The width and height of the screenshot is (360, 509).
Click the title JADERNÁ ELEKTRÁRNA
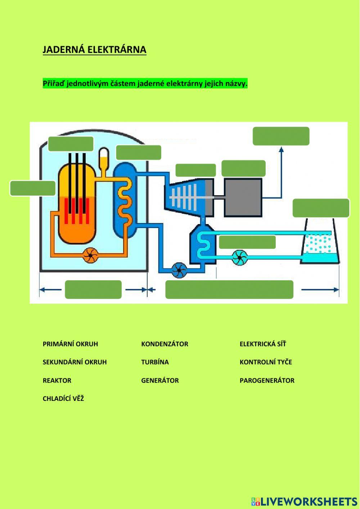[94, 50]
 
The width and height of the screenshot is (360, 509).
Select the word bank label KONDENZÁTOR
[165, 344]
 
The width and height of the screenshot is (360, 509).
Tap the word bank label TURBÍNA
[155, 362]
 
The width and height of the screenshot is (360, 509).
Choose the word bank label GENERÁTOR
[160, 380]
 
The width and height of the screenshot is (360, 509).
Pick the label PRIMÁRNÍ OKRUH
[70, 344]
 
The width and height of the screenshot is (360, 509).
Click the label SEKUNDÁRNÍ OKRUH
[75, 362]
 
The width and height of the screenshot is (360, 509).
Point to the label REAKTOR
[57, 380]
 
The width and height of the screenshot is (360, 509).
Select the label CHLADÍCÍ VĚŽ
[63, 399]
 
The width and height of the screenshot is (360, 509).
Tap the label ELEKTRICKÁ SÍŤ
[263, 344]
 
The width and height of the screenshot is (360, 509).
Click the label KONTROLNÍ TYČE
[266, 362]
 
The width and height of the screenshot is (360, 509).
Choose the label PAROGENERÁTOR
[267, 380]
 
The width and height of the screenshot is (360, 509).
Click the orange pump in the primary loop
[90, 255]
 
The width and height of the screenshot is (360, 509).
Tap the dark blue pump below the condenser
[179, 270]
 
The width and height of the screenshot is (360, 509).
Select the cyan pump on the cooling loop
[239, 257]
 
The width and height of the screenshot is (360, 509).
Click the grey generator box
[243, 197]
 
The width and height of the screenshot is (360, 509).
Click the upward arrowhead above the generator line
[281, 149]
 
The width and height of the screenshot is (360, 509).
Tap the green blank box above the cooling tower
[321, 208]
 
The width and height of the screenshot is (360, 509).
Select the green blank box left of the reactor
[33, 188]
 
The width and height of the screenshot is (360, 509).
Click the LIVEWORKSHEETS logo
[304, 501]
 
